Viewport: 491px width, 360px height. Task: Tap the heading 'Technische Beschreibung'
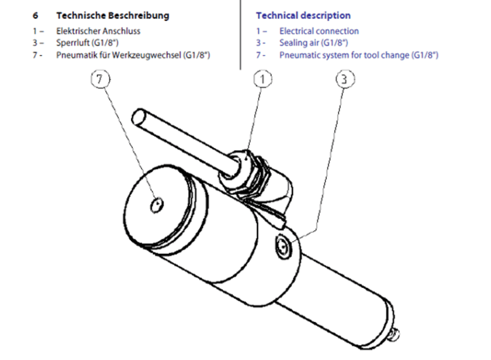pyautogui.click(x=113, y=16)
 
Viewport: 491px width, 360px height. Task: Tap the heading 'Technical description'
pyautogui.click(x=303, y=16)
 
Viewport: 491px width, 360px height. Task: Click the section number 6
pyautogui.click(x=35, y=16)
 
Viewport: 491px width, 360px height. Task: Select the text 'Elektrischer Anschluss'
pyautogui.click(x=98, y=31)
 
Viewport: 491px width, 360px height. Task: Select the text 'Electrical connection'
pyautogui.click(x=319, y=31)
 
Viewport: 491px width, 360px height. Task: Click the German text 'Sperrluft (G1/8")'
pyautogui.click(x=87, y=43)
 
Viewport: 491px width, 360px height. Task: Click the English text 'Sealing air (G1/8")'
pyautogui.click(x=313, y=43)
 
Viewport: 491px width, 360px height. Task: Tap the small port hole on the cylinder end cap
pyautogui.click(x=157, y=205)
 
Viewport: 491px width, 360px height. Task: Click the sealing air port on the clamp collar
pyautogui.click(x=284, y=247)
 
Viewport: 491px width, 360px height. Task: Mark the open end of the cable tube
pyautogui.click(x=139, y=117)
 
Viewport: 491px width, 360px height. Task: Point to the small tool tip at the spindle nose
pyautogui.click(x=394, y=334)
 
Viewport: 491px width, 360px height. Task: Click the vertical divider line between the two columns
pyautogui.click(x=240, y=35)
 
